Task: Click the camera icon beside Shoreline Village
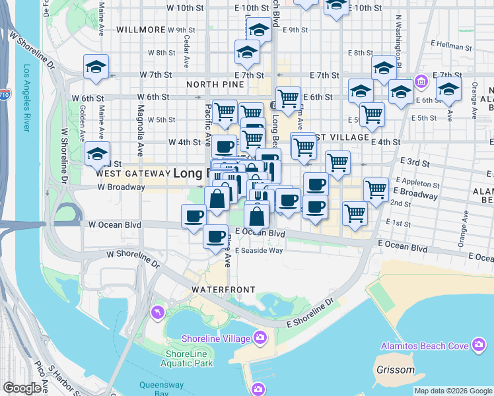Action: click(x=260, y=338)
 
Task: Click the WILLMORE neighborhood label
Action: click(x=140, y=30)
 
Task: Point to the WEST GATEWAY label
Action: click(x=133, y=174)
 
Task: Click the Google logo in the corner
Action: click(x=22, y=388)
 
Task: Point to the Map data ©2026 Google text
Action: click(x=453, y=391)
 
